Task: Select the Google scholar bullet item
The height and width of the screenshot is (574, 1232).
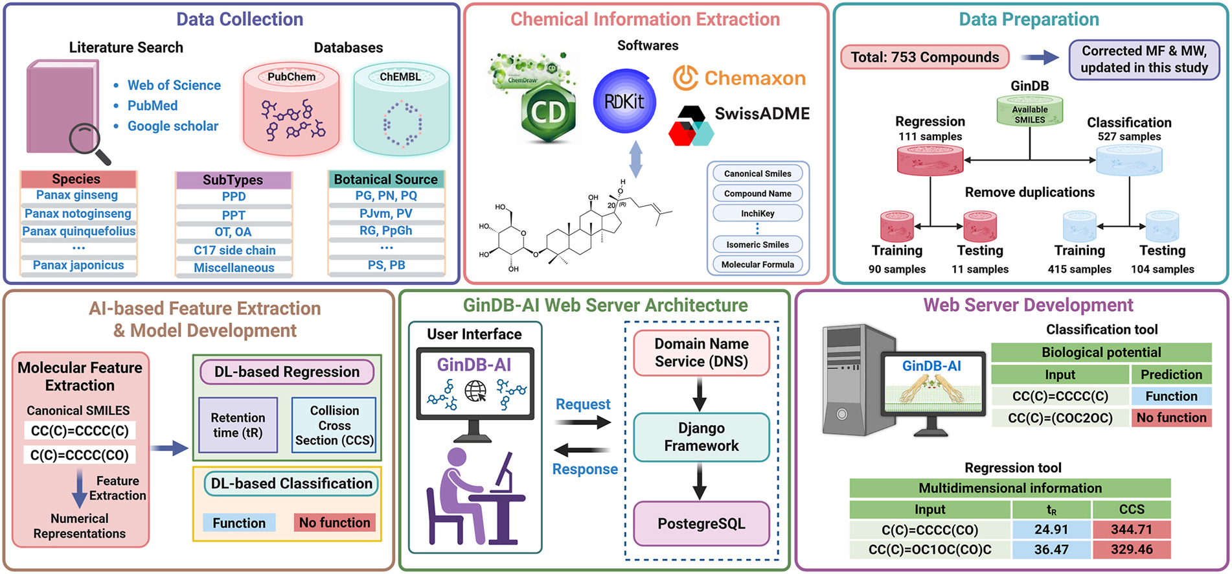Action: click(x=172, y=126)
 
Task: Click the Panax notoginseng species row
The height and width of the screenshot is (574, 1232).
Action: click(x=78, y=213)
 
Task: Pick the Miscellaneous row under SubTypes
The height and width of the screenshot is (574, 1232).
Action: click(x=234, y=268)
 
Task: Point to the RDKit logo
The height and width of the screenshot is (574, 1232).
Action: click(x=624, y=102)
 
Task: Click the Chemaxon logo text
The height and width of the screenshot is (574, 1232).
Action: click(x=755, y=78)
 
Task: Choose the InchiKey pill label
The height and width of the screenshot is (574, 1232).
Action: click(x=757, y=213)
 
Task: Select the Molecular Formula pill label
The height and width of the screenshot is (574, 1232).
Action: click(x=757, y=264)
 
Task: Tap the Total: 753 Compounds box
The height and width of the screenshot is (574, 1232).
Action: click(x=924, y=57)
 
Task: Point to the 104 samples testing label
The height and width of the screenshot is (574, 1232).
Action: click(x=1162, y=269)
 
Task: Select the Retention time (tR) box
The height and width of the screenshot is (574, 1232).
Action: click(x=238, y=425)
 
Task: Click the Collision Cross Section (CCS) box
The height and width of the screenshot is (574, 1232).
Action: click(x=334, y=425)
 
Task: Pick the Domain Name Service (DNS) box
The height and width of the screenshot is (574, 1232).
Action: click(x=701, y=352)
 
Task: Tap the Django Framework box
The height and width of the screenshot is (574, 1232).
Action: click(x=701, y=437)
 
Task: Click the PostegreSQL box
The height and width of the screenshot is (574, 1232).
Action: click(x=701, y=523)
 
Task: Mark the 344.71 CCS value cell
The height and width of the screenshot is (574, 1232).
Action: click(x=1131, y=529)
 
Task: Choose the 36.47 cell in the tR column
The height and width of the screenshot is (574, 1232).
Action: click(x=1051, y=549)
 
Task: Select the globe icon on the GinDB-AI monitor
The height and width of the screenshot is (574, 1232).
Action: click(x=475, y=391)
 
